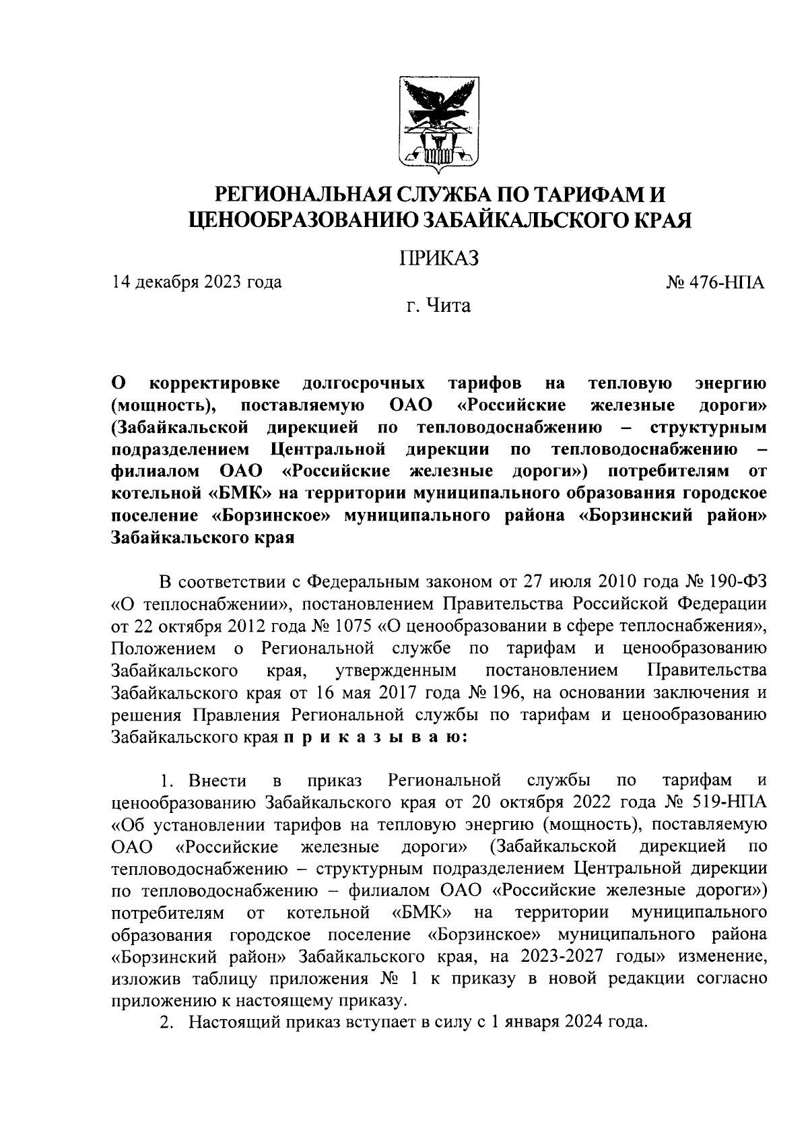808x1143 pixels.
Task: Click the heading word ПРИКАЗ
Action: coord(438,257)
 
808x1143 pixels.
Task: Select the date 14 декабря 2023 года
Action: coord(197,282)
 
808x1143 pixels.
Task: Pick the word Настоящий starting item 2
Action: coord(234,1021)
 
